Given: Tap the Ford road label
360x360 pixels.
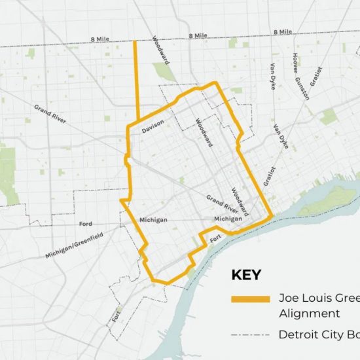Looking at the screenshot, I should click(86, 224).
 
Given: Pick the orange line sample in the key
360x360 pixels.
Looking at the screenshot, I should click(250, 299).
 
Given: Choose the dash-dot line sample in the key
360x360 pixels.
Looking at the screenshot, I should click(250, 335).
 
